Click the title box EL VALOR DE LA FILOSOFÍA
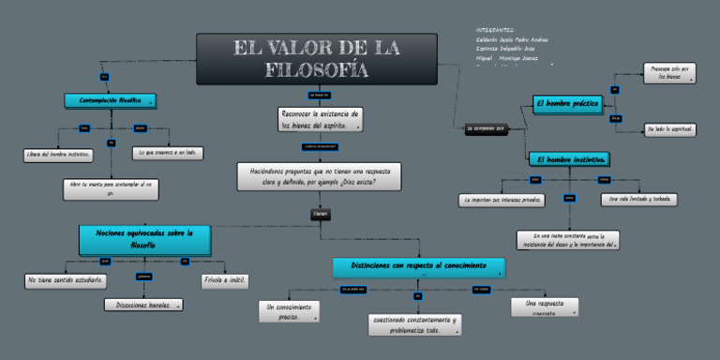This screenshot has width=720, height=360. [316, 58]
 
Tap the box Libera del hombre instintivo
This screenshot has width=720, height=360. [58, 155]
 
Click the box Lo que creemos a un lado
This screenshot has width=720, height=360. [169, 152]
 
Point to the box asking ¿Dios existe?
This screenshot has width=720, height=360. [320, 176]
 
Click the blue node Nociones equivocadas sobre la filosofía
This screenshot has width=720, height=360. [143, 238]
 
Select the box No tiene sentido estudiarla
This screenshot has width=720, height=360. [66, 280]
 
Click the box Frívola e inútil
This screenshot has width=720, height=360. [224, 280]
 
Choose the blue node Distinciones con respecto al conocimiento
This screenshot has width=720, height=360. [418, 267]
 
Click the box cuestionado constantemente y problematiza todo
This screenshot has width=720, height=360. [415, 324]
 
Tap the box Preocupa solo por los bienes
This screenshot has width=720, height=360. [669, 73]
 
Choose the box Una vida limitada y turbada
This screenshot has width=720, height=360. [638, 200]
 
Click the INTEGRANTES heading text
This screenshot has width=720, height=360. [496, 31]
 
